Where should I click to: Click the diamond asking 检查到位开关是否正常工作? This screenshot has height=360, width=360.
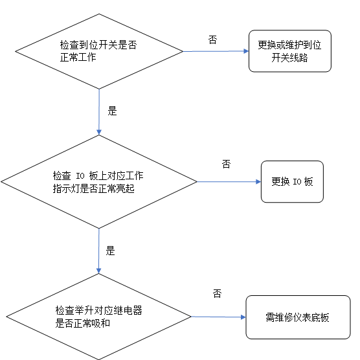[98, 51]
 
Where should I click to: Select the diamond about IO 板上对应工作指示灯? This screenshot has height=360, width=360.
[98, 182]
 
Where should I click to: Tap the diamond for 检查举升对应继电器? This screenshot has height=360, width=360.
[98, 317]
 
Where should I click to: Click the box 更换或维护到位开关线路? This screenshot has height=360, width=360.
[289, 51]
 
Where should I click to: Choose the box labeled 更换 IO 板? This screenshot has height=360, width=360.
[291, 181]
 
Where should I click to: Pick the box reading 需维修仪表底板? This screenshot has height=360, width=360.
[297, 317]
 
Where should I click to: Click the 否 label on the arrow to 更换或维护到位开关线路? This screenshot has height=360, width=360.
[212, 39]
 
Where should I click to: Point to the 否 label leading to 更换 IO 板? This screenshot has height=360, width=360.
[226, 164]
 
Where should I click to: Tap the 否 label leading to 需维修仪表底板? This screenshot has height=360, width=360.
[217, 294]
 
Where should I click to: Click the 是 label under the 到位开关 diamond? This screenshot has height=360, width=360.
[112, 111]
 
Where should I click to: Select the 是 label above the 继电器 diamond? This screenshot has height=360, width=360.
[110, 251]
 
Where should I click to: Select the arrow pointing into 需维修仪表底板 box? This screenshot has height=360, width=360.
[219, 317]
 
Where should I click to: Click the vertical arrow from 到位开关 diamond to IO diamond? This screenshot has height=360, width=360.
[98, 111]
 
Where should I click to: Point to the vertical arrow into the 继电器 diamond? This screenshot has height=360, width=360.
[98, 251]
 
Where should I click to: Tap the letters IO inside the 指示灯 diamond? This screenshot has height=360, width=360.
[80, 176]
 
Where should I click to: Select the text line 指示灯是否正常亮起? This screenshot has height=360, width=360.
[93, 188]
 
